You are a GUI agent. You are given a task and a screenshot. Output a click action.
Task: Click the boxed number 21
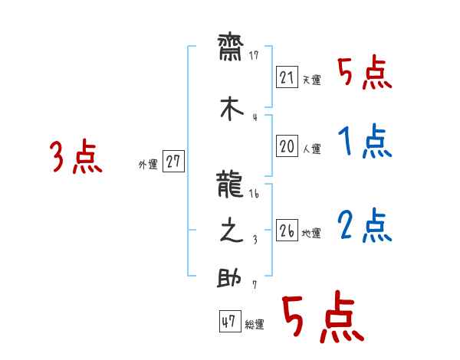pyautogui.click(x=287, y=77)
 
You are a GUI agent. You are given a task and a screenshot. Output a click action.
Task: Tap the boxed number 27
pyautogui.click(x=174, y=162)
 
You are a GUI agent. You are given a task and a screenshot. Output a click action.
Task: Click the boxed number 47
pyautogui.click(x=228, y=322)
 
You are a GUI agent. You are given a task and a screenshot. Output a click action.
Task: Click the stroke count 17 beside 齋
pyautogui.click(x=255, y=56)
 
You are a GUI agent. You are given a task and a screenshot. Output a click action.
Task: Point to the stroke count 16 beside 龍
pyautogui.click(x=255, y=195)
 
